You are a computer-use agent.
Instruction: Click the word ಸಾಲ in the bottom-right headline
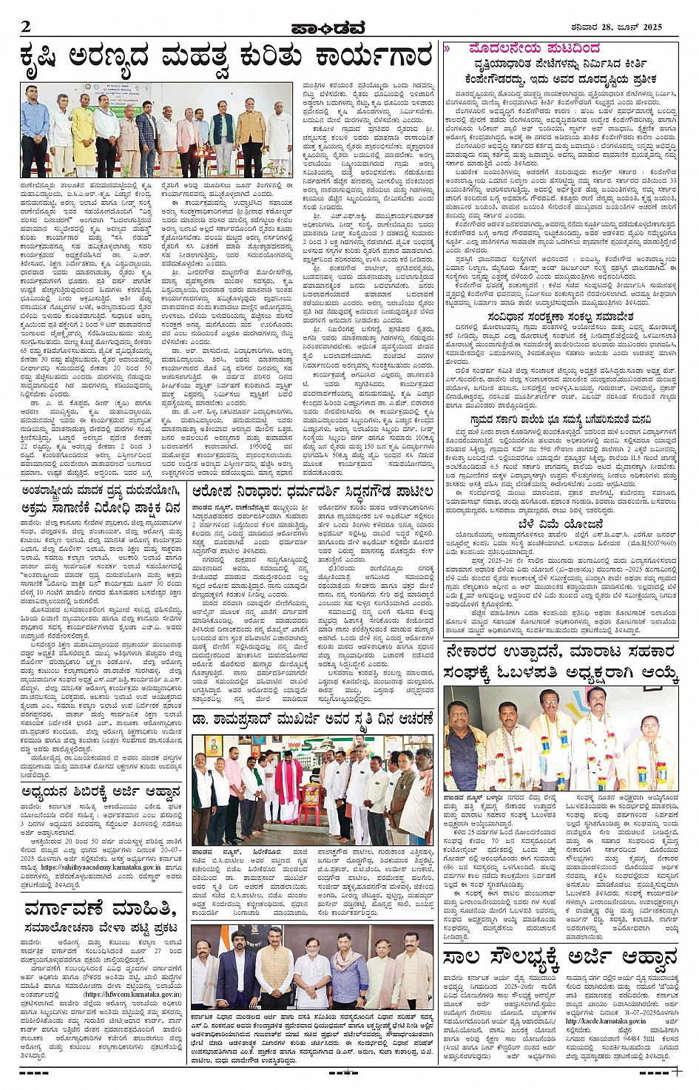point(462,958)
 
